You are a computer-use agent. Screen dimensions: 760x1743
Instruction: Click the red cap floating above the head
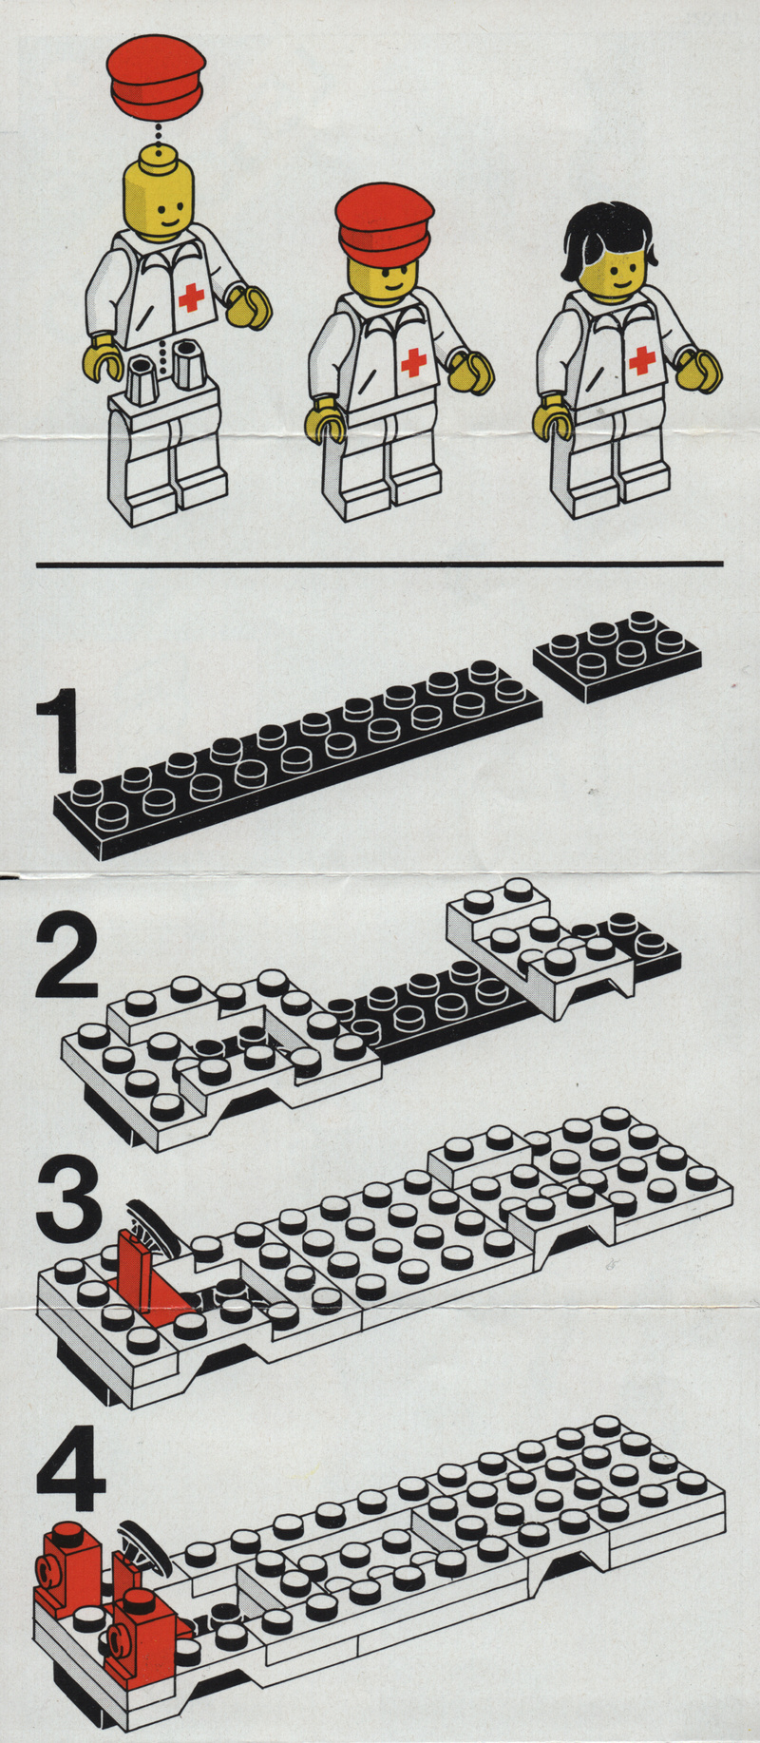coord(156,74)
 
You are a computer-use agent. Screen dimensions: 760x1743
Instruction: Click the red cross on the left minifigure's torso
coord(191,297)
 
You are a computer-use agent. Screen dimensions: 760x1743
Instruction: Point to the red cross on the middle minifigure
coord(413,362)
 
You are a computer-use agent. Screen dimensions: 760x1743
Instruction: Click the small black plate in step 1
coord(617,655)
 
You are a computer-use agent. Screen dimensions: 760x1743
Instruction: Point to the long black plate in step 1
coord(298,759)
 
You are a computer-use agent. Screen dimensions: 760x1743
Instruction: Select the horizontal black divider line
coord(380,565)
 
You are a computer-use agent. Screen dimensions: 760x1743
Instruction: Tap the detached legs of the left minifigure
coord(168,456)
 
